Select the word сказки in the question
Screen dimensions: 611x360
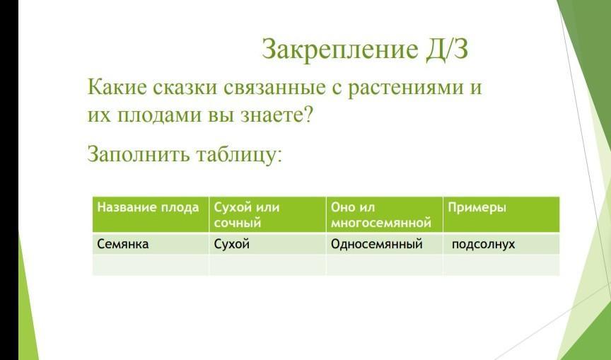pos(185,86)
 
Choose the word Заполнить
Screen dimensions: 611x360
pos(139,153)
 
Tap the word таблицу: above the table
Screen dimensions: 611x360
pos(238,154)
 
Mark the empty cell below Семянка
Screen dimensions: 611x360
pos(151,265)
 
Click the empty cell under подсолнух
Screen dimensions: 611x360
pos(501,265)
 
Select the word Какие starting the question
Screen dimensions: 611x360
pos(117,86)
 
